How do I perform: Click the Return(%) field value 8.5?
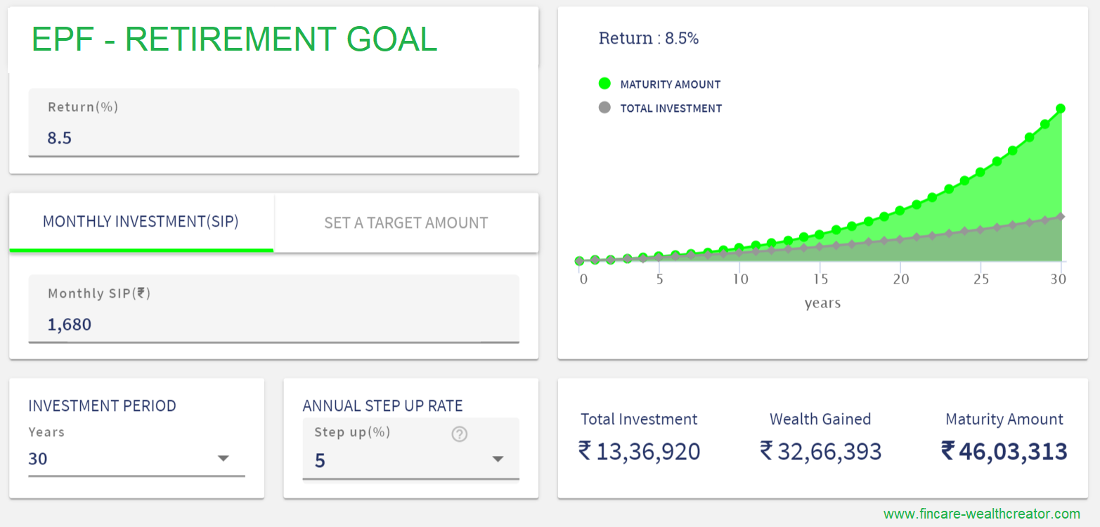[x=60, y=138]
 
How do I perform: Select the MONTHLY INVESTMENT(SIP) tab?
[x=141, y=222]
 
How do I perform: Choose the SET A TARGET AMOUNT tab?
[x=406, y=223]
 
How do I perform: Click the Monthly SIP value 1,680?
[x=70, y=324]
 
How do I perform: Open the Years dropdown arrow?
[x=223, y=459]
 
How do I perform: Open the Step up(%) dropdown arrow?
[x=498, y=459]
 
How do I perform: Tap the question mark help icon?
[x=459, y=434]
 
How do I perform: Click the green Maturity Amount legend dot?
[x=604, y=84]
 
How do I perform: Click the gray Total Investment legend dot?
[x=604, y=108]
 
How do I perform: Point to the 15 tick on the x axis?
[x=820, y=279]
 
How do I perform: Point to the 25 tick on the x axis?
[x=981, y=279]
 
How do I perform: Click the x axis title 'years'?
[x=822, y=303]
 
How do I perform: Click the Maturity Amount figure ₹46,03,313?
[x=1004, y=451]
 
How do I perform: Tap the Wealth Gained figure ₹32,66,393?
[x=820, y=451]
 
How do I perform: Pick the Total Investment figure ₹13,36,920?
[x=639, y=451]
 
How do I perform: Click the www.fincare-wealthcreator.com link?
[x=981, y=514]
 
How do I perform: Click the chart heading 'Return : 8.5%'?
[x=648, y=39]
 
